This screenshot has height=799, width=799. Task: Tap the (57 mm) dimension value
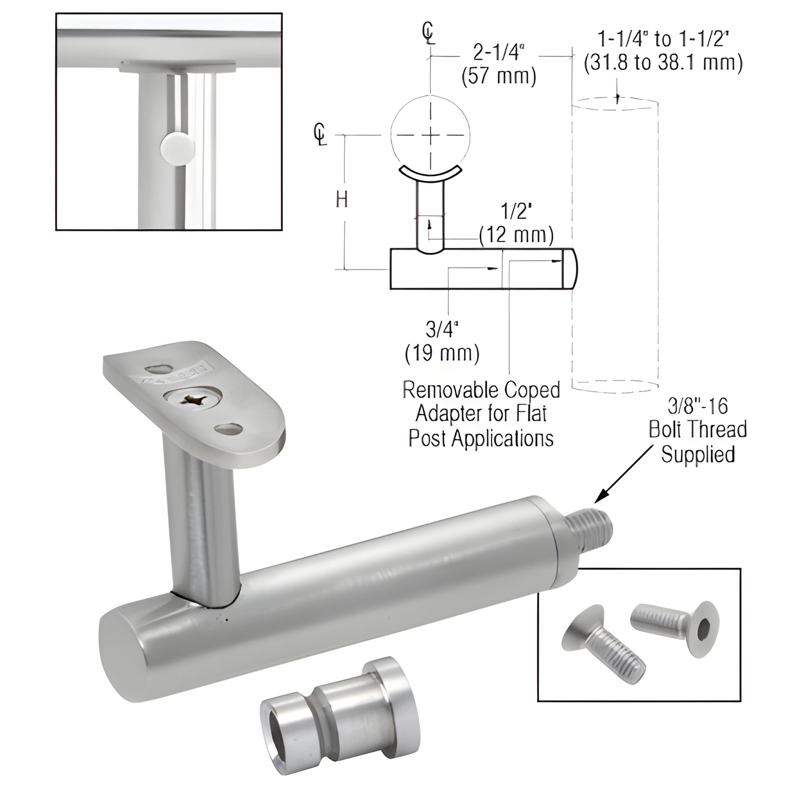tap(499, 76)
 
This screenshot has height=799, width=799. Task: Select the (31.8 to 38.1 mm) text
tap(663, 63)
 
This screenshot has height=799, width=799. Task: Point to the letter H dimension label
tap(342, 200)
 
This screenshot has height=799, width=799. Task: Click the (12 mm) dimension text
tap(516, 235)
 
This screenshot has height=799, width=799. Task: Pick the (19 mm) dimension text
tap(442, 353)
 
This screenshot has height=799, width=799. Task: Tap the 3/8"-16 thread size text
tap(698, 406)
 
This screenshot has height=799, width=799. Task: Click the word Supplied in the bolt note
tap(698, 455)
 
